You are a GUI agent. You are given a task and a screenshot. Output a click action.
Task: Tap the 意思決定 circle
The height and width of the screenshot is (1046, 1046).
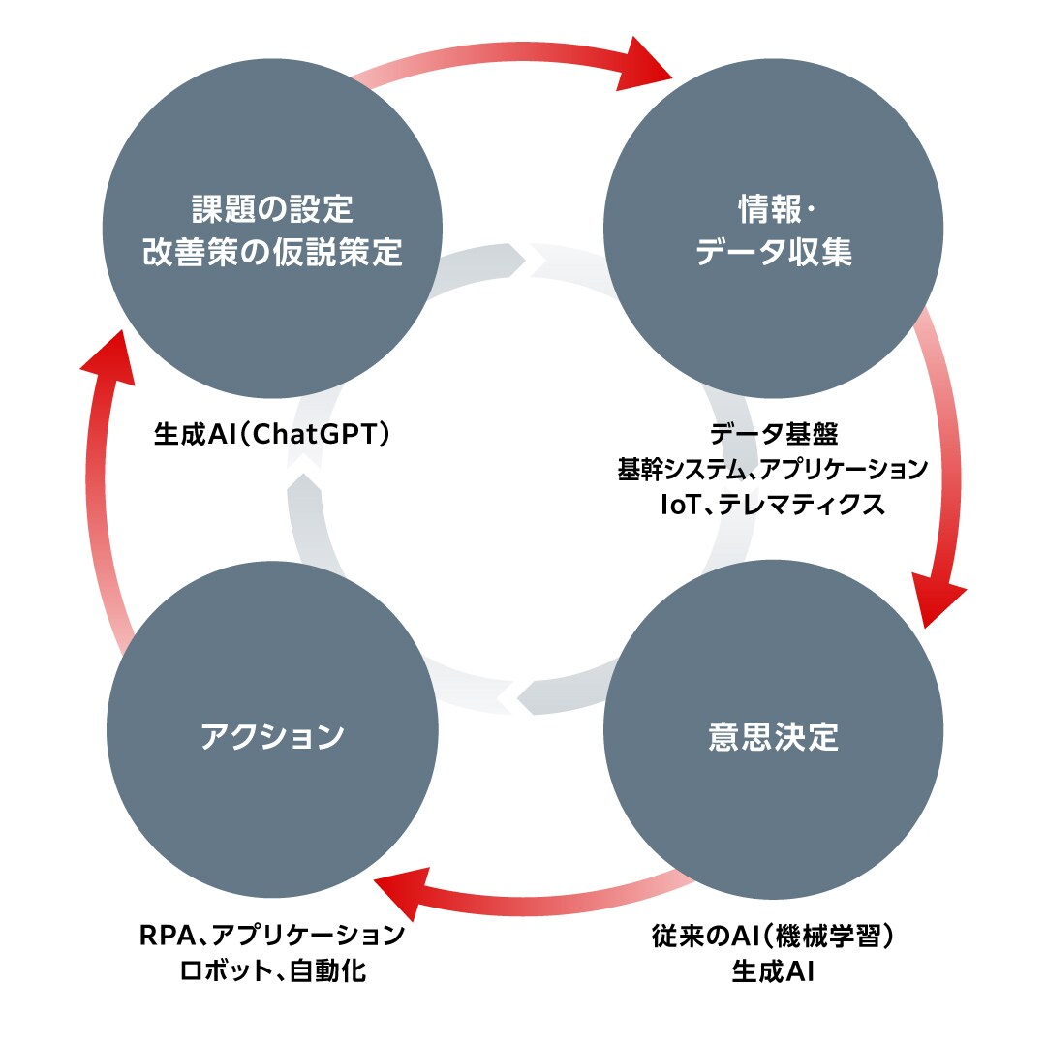pyautogui.click(x=773, y=737)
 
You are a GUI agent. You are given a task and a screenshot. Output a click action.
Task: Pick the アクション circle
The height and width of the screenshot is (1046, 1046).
pyautogui.click(x=272, y=737)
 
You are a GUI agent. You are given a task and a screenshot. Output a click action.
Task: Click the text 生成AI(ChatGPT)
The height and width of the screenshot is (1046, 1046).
pyautogui.click(x=272, y=433)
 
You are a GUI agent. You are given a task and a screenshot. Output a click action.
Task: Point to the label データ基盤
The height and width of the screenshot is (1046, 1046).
pyautogui.click(x=773, y=433)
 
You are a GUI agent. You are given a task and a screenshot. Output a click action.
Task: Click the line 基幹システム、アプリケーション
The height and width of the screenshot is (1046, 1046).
pyautogui.click(x=773, y=470)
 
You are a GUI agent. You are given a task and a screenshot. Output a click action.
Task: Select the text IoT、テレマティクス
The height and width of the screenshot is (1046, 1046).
pyautogui.click(x=773, y=505)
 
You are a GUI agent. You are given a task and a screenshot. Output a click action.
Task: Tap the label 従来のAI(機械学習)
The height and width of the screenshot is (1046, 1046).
pyautogui.click(x=773, y=936)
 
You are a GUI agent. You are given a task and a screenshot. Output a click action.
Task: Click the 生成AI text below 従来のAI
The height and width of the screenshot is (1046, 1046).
pyautogui.click(x=773, y=970)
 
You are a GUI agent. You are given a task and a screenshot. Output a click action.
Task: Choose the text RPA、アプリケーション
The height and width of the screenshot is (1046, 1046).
pyautogui.click(x=272, y=936)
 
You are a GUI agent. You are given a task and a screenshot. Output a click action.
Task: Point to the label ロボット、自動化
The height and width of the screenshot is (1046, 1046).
pyautogui.click(x=272, y=970)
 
